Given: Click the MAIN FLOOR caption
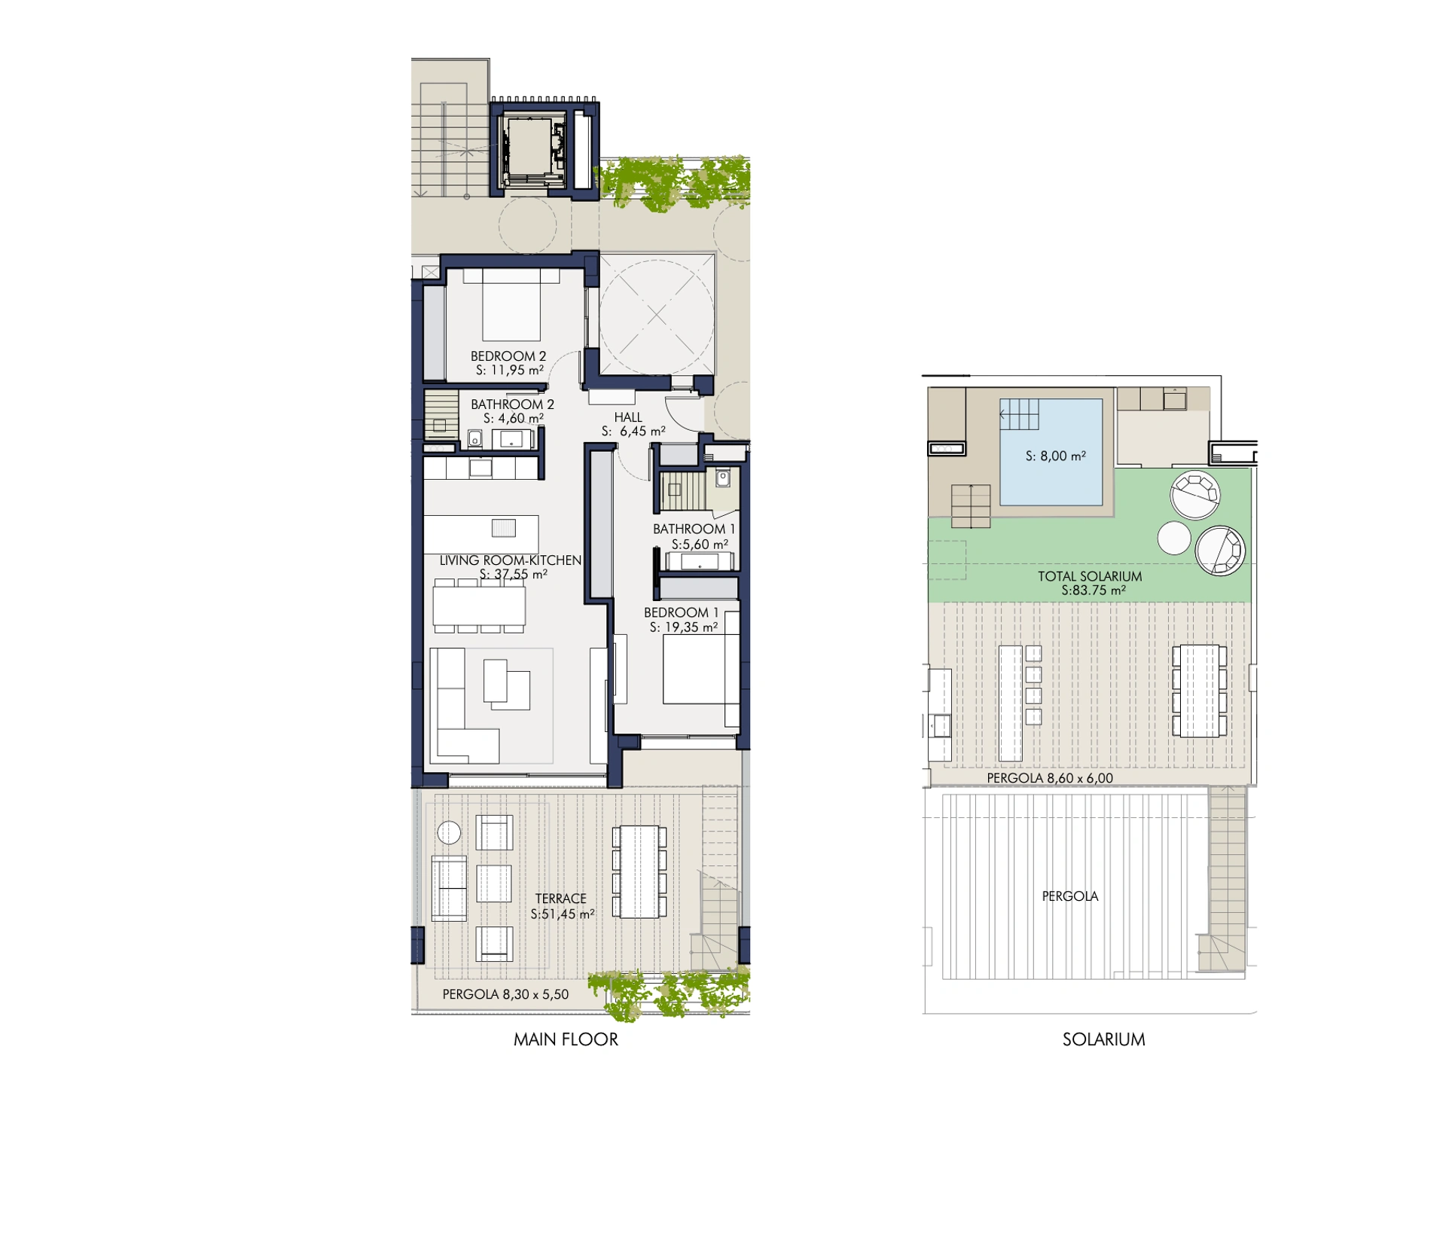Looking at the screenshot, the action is (566, 1039).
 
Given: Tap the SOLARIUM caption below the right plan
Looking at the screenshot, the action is (1103, 1039).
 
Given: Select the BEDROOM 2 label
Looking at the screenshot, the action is (508, 356).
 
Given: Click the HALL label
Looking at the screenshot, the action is (628, 417).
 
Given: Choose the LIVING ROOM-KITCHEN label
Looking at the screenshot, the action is (511, 560).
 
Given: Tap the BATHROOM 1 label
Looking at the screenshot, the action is (694, 529).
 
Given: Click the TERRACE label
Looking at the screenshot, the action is (560, 899).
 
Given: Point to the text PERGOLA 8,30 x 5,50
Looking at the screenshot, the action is (505, 994).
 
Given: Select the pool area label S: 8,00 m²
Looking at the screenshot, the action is (1055, 456).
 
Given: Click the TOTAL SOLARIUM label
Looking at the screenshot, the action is (1090, 576).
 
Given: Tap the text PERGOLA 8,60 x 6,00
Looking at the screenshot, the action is (1050, 778).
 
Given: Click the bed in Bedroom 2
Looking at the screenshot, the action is (511, 304).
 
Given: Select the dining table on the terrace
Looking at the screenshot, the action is (639, 871).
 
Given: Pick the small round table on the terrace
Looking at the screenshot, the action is (449, 832).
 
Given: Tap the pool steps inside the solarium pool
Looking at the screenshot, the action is (1019, 414).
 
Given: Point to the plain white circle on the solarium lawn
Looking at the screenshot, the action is (1174, 538).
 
